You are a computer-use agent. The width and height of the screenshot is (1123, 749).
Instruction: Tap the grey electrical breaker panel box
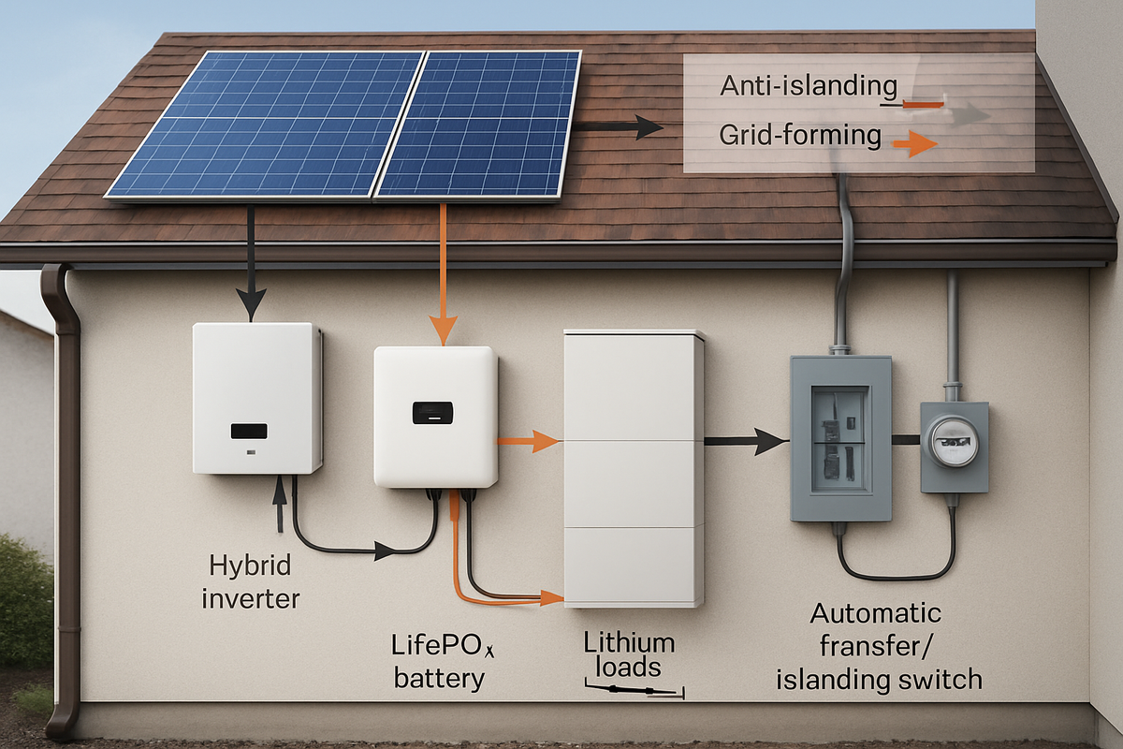[x=840, y=438]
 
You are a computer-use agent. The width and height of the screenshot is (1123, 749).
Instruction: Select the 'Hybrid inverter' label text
[x=250, y=580]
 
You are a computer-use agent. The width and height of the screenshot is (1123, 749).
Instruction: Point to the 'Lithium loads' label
[x=629, y=655]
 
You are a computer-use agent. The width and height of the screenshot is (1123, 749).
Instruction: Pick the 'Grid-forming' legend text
[x=800, y=136]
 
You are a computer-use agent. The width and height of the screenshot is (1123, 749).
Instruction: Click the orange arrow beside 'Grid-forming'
[x=914, y=143]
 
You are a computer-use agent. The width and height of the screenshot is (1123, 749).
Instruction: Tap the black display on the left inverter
[x=248, y=431]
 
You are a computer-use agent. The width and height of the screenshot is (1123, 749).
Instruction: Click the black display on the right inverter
[x=432, y=412]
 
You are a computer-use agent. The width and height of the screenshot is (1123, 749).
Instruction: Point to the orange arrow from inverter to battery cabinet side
[x=529, y=441]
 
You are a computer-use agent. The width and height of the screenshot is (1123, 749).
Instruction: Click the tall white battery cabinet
[x=634, y=468]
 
